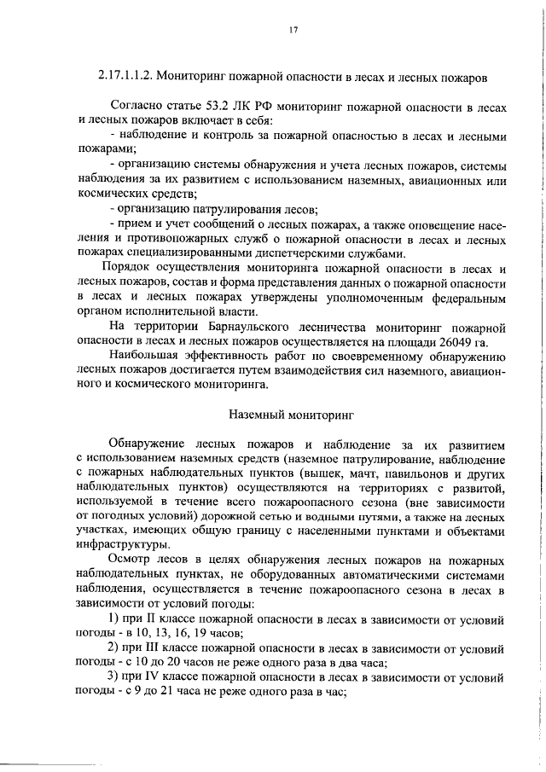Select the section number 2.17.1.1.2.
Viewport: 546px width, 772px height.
click(x=127, y=78)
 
